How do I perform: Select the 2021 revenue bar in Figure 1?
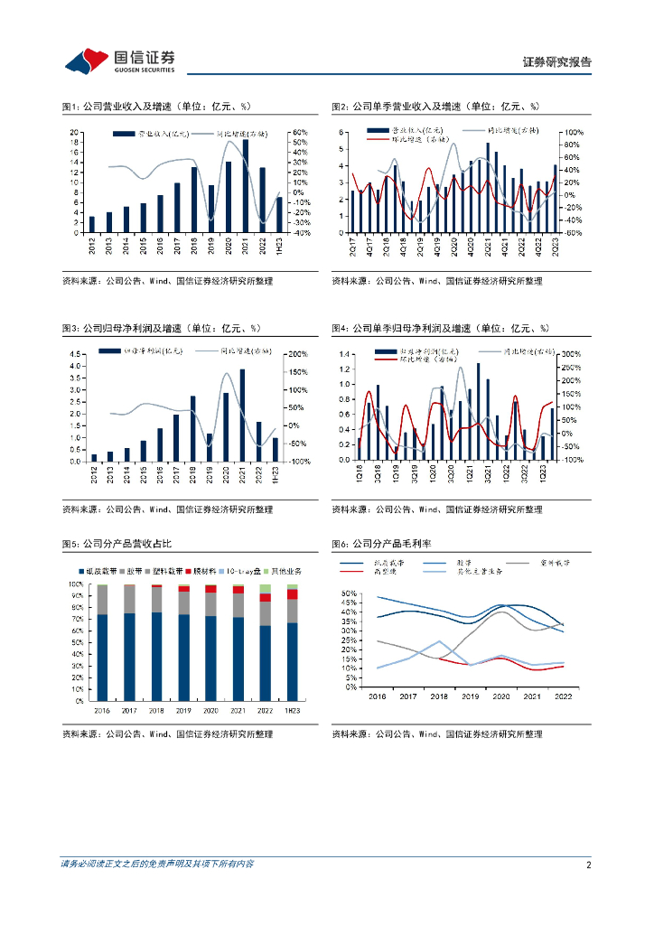click(245, 185)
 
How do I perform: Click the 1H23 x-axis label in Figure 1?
click(279, 245)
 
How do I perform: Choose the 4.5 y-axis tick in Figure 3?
click(79, 353)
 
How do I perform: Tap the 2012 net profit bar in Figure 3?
click(94, 457)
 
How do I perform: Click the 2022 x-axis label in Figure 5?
click(265, 710)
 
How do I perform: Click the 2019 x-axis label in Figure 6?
click(469, 697)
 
